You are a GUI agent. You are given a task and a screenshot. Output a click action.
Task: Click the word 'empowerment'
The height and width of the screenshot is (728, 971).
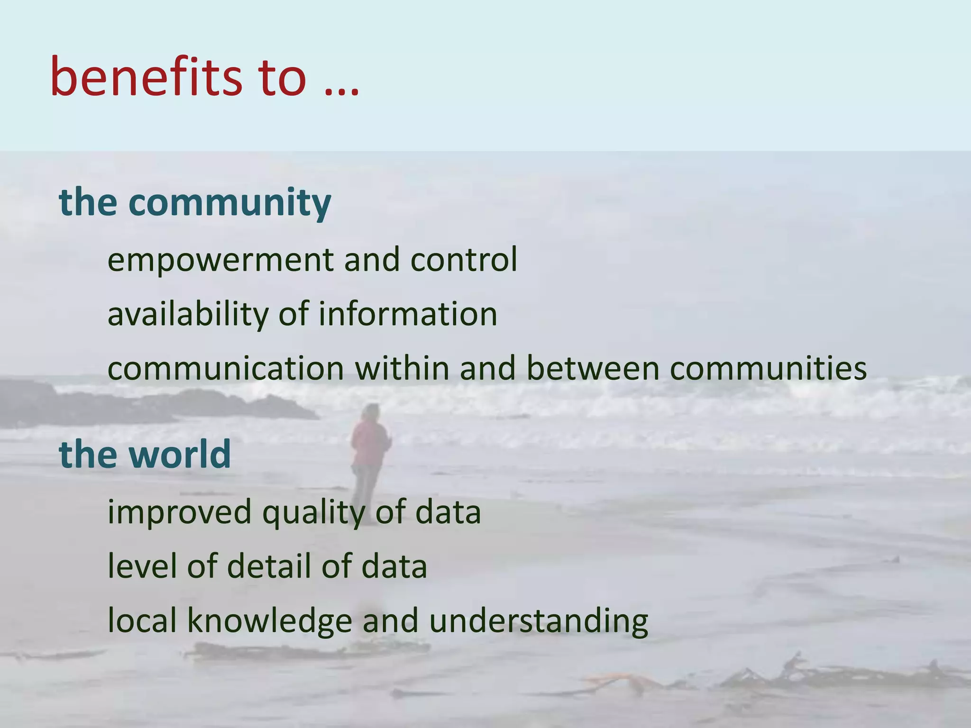(x=220, y=261)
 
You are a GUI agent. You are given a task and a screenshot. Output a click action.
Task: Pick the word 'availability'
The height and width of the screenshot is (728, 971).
(x=188, y=315)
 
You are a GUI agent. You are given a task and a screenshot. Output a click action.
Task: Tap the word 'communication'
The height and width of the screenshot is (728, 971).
(x=226, y=369)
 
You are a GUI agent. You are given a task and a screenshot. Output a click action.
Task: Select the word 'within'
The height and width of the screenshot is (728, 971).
(x=402, y=368)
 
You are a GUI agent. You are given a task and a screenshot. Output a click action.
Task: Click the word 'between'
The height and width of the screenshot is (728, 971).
(x=593, y=368)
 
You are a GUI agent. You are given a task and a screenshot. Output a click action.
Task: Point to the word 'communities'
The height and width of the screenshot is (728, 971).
(x=768, y=368)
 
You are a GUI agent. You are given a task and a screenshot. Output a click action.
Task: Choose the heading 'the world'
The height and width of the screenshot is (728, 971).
(x=145, y=454)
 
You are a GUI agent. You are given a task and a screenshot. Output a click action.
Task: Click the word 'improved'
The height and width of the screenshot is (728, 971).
(x=179, y=513)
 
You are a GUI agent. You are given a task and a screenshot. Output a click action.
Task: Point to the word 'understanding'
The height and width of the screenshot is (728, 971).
(x=538, y=621)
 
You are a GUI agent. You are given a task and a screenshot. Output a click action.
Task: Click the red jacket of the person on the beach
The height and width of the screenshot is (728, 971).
(x=369, y=444)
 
